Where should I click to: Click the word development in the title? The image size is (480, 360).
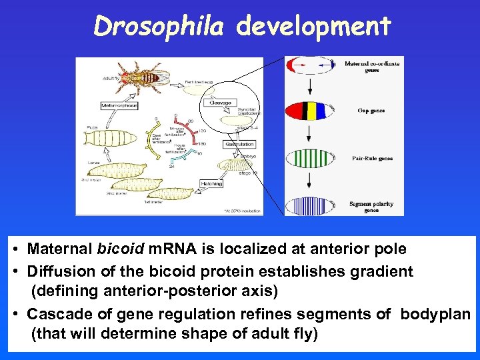(x=313, y=26)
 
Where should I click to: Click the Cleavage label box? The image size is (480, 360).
(x=219, y=103)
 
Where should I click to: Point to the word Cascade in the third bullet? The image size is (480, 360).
(x=55, y=314)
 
